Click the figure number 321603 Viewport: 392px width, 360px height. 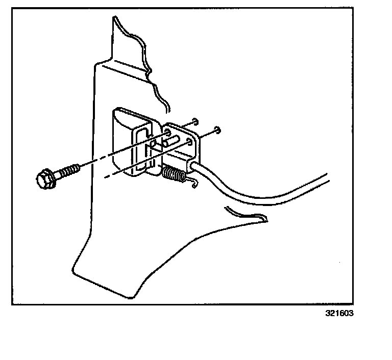(x=338, y=313)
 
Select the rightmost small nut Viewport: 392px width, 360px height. (x=218, y=128)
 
